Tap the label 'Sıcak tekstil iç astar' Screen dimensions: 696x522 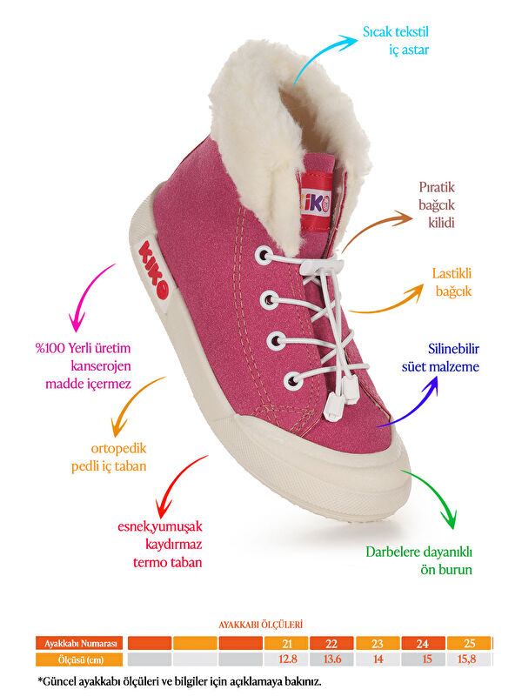(x=396, y=41)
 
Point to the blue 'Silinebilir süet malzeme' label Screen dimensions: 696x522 (x=453, y=358)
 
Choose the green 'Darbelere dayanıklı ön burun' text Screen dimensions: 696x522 (x=418, y=560)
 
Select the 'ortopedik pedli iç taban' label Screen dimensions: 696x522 (x=109, y=458)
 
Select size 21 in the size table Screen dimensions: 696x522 (x=286, y=643)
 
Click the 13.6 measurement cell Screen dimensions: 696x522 (x=332, y=659)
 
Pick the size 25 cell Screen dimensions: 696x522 (x=470, y=643)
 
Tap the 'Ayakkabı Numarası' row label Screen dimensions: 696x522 (x=79, y=643)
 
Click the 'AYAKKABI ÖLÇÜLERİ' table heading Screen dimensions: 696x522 (x=260, y=624)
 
